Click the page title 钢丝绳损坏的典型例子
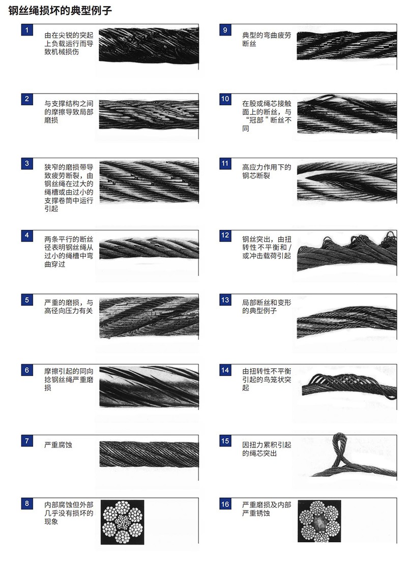coord(60,10)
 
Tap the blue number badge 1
coord(27,30)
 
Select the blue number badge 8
coord(27,503)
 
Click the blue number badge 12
coord(225,235)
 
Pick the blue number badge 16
coord(225,504)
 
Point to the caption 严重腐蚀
coord(58,444)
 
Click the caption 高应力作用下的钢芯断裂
coord(267,171)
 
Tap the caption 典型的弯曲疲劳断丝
coord(267,39)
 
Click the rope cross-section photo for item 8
coord(122,522)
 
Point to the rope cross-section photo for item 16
coord(319,521)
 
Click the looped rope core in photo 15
coord(339,448)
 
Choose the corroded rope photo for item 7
coord(149,454)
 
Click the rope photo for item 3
coord(149,182)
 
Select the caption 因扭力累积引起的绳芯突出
coord(267,449)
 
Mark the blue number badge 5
coord(27,300)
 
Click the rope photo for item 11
coord(347,182)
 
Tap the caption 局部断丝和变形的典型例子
coord(267,307)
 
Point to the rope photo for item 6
coord(149,386)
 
